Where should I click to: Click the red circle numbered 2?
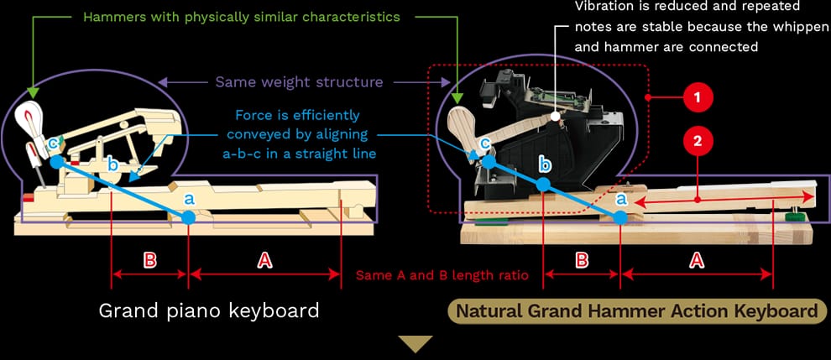pyautogui.click(x=698, y=139)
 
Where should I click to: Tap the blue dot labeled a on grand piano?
pyautogui.click(x=189, y=217)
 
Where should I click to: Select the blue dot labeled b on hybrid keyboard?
pyautogui.click(x=544, y=184)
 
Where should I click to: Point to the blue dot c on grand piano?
pyautogui.click(x=55, y=162)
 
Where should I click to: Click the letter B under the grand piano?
pyautogui.click(x=150, y=260)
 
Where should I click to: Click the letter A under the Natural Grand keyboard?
pyautogui.click(x=696, y=260)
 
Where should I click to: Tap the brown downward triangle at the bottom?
pyautogui.click(x=415, y=343)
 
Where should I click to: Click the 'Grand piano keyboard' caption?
pyautogui.click(x=209, y=310)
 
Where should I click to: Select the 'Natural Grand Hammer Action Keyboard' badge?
pyautogui.click(x=636, y=311)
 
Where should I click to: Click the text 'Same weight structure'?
pyautogui.click(x=299, y=82)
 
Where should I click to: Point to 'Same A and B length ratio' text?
pyautogui.click(x=442, y=274)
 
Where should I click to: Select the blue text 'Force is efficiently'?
pyautogui.click(x=297, y=115)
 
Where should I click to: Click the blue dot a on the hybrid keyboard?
pyautogui.click(x=620, y=217)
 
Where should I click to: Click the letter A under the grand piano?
pyautogui.click(x=264, y=260)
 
